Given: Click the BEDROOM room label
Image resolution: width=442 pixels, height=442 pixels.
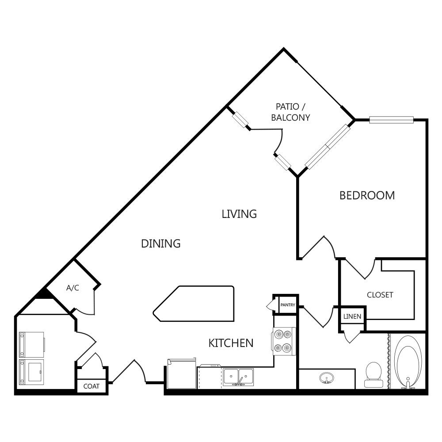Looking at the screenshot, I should (367, 195).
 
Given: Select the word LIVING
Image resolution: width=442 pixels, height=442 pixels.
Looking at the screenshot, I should (239, 214).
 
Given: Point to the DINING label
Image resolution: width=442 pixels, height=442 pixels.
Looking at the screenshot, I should (161, 243).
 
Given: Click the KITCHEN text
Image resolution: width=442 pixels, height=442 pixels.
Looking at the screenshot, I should (231, 343).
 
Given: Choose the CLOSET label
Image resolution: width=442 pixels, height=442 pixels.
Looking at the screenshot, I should (380, 295).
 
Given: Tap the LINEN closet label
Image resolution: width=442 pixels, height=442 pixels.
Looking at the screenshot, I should (352, 316).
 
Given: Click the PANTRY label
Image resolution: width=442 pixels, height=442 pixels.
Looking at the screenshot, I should (287, 305).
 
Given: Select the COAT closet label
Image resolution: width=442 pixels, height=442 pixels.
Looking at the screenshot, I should (91, 386).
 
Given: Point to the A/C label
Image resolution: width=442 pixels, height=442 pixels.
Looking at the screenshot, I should (72, 288).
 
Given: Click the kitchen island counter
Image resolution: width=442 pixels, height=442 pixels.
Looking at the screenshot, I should (194, 304).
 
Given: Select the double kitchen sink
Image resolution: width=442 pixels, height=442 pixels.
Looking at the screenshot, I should (239, 377).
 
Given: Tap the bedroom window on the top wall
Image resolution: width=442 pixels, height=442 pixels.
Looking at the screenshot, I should (391, 119).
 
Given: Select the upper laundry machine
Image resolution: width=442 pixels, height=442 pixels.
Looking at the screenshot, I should (32, 344).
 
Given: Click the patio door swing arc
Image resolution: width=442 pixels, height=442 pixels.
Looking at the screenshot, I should (278, 141).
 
